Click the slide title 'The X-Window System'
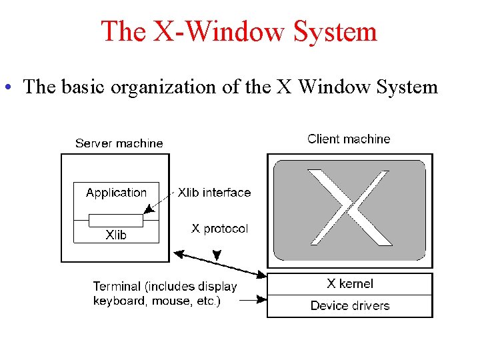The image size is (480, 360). (x=239, y=31)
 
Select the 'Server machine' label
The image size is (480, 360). (x=119, y=143)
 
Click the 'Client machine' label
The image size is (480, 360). (x=349, y=139)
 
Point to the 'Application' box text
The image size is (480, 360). (x=116, y=193)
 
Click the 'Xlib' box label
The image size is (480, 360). (x=116, y=235)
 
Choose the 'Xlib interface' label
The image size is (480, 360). (x=215, y=193)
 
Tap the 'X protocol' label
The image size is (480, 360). (x=219, y=229)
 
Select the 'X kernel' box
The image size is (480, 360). (x=349, y=284)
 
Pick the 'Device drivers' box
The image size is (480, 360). (x=349, y=306)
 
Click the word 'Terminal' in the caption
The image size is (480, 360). (x=117, y=287)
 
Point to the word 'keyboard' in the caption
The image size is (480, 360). (x=119, y=301)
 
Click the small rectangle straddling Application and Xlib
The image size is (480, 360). (x=116, y=220)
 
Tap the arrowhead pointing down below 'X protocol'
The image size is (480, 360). (x=217, y=256)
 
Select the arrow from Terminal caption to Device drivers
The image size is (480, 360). (x=252, y=301)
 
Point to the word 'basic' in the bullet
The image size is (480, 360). (x=83, y=87)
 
